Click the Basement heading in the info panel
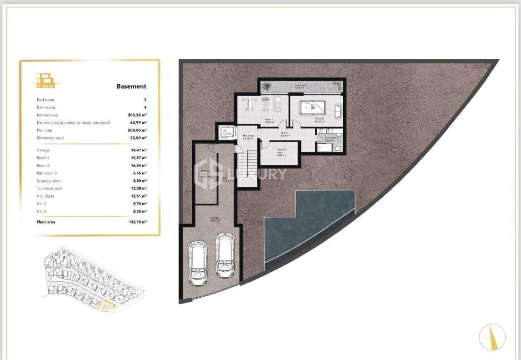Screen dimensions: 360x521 (131, 86)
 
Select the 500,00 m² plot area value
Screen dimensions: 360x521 (137, 130)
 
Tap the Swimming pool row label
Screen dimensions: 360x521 (50, 138)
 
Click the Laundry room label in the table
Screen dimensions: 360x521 (49, 181)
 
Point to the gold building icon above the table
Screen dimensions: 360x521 (45, 81)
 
